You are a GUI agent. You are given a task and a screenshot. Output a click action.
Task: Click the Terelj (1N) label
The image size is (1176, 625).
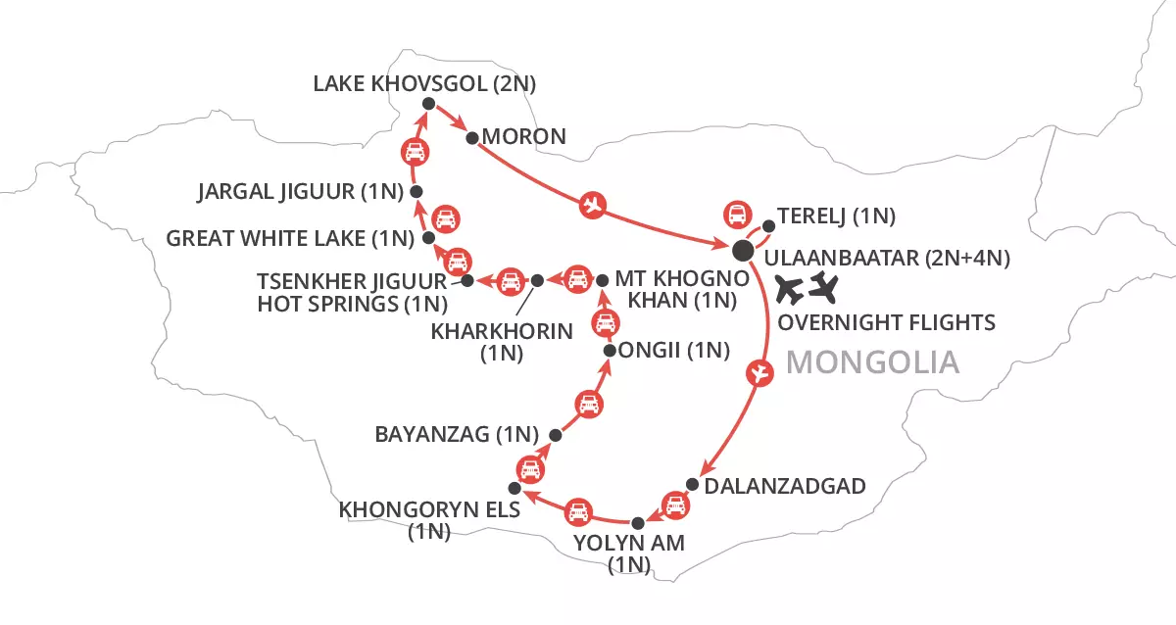836,216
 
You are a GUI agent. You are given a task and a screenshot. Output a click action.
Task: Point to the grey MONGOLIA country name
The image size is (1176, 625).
872,363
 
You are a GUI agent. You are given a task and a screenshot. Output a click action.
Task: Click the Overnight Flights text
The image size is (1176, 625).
885,322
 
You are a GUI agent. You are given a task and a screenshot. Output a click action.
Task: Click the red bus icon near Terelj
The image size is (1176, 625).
735,215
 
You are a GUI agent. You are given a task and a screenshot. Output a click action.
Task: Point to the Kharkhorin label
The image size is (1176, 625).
502,332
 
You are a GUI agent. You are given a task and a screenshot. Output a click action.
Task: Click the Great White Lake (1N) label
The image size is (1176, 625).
292,237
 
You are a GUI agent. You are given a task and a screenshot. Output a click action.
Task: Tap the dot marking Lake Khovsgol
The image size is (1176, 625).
427,104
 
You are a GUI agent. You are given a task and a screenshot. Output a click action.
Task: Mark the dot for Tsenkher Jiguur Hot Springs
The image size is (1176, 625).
467,281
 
